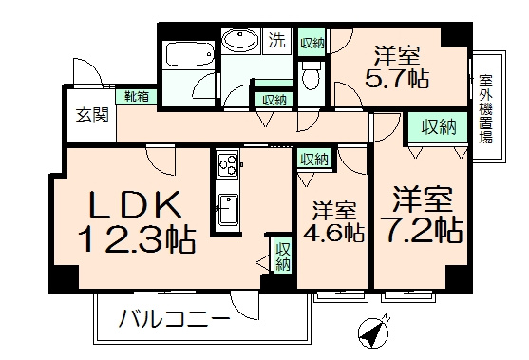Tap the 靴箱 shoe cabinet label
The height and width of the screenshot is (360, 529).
click(x=134, y=95)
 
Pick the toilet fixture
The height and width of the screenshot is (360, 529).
click(x=311, y=75)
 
